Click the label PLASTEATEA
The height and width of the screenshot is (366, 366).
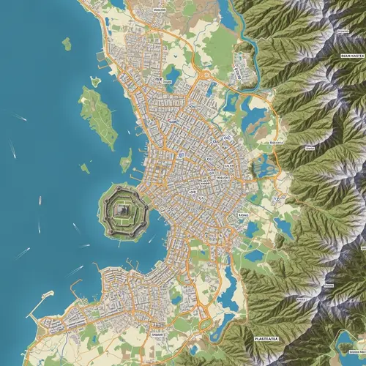click(269, 339)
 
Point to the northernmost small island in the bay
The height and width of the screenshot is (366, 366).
click(67, 44)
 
